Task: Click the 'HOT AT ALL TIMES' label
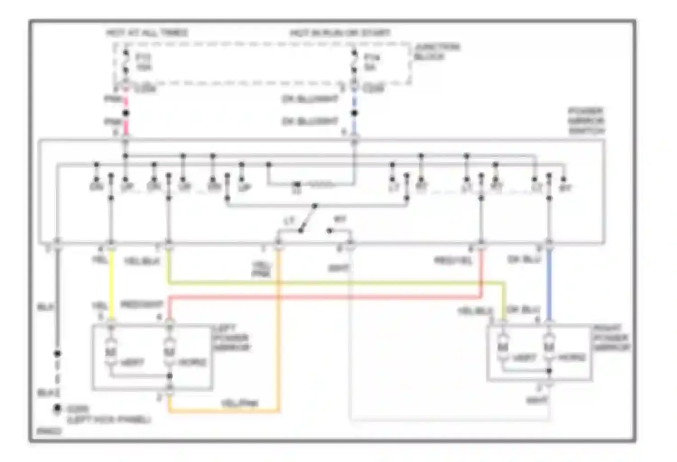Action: (x=147, y=33)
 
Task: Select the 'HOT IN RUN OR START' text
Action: (x=340, y=33)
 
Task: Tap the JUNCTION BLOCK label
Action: (x=436, y=51)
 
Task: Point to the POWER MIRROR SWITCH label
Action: (x=586, y=121)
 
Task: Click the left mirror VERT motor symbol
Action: (x=111, y=350)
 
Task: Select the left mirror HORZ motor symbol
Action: (x=169, y=350)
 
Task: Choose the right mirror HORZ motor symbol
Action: (x=549, y=347)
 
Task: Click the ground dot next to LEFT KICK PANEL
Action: (x=57, y=408)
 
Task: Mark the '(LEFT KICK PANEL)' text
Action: (x=109, y=420)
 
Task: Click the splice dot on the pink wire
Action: (x=126, y=113)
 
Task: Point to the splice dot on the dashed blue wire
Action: (x=354, y=113)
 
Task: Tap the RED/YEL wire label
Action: (x=453, y=260)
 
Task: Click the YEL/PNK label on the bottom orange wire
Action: (x=239, y=403)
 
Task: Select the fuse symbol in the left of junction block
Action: (x=126, y=62)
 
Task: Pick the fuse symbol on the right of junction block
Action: (x=354, y=62)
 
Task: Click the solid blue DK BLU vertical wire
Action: (x=549, y=284)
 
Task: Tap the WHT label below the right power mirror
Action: (x=537, y=400)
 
